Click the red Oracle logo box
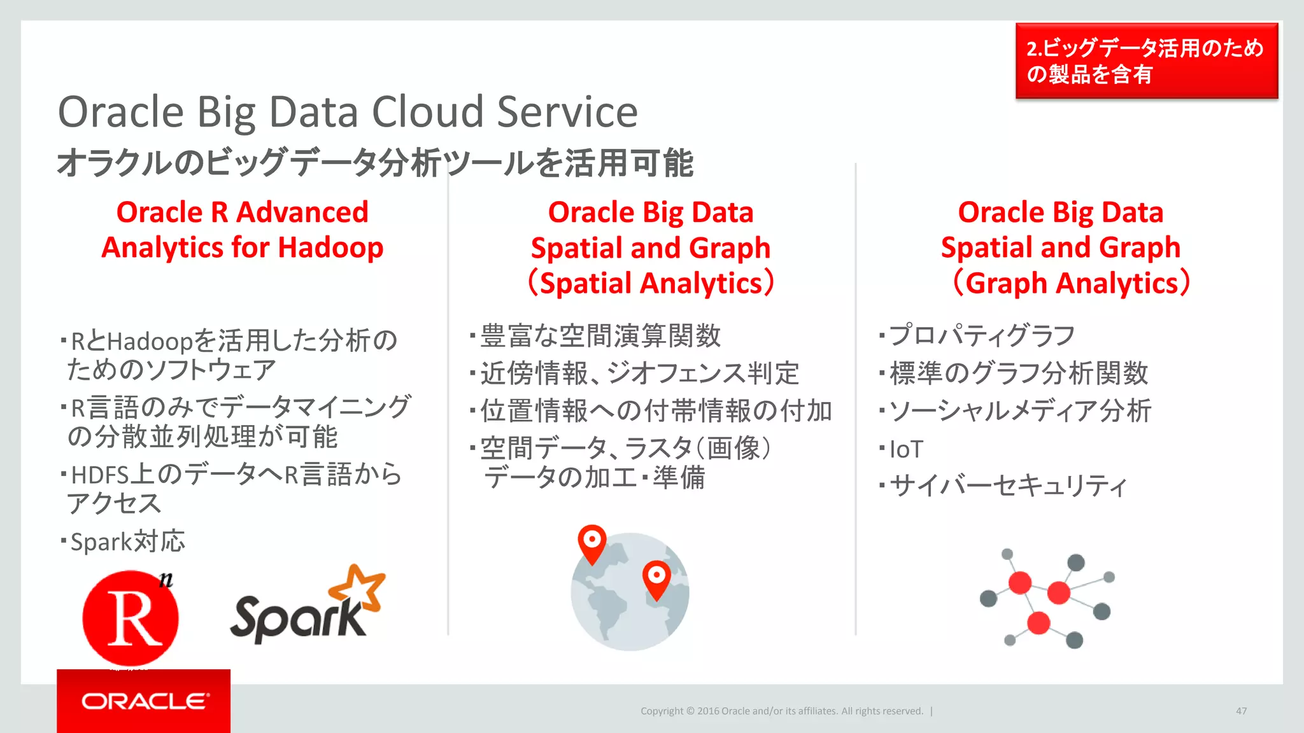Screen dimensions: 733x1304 pyautogui.click(x=143, y=701)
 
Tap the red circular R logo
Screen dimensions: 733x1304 pyautogui.click(x=131, y=618)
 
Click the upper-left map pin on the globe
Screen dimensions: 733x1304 pyautogui.click(x=592, y=541)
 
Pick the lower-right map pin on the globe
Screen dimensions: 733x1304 pyautogui.click(x=656, y=577)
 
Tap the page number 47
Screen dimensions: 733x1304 pyautogui.click(x=1241, y=711)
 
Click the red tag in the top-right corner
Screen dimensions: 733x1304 pyautogui.click(x=1146, y=61)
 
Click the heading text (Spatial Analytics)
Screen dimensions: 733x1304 pyautogui.click(x=651, y=283)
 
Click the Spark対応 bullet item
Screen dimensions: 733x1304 pyautogui.click(x=127, y=541)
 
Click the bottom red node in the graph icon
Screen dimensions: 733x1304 pyautogui.click(x=1038, y=622)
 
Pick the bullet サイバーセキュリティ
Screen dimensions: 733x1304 pyautogui.click(x=1007, y=486)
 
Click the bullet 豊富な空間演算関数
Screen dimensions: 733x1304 pyautogui.click(x=600, y=335)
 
